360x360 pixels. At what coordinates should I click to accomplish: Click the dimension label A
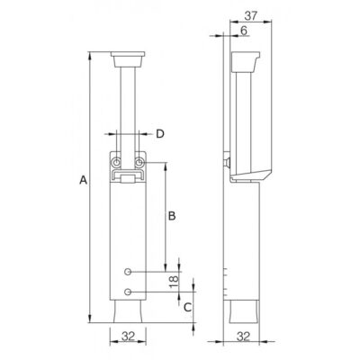pyautogui.click(x=83, y=180)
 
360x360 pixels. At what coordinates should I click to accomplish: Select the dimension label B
pyautogui.click(x=172, y=216)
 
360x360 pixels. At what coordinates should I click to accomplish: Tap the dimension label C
pyautogui.click(x=187, y=307)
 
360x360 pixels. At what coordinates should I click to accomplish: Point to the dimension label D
pyautogui.click(x=160, y=134)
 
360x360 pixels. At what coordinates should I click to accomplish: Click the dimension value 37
pyautogui.click(x=251, y=15)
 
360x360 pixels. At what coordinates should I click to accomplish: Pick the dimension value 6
pyautogui.click(x=244, y=31)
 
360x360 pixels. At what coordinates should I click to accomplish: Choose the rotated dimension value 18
pyautogui.click(x=174, y=282)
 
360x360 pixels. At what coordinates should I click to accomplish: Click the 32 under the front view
pyautogui.click(x=128, y=337)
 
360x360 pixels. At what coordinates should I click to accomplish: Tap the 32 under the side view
pyautogui.click(x=243, y=337)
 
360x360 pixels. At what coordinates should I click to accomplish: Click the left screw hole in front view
pyautogui.click(x=116, y=163)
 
